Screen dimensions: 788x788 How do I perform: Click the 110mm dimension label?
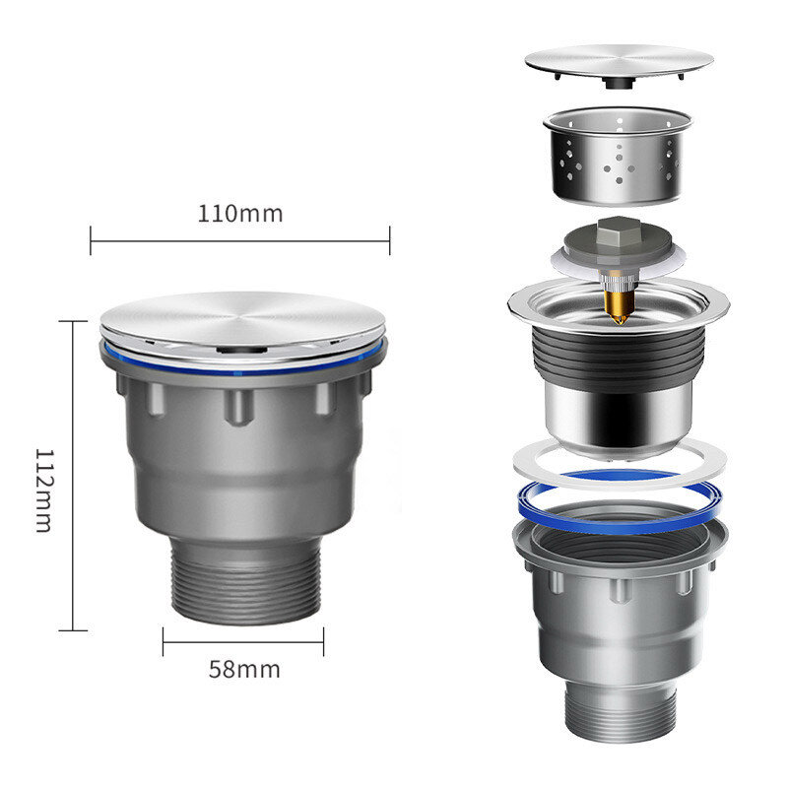coord(239,214)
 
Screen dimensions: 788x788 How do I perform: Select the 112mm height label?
coord(44,490)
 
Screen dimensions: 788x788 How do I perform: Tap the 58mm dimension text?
coord(244,670)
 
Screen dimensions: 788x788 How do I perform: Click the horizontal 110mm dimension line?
coord(239,240)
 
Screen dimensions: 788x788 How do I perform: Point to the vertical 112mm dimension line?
coord(73,476)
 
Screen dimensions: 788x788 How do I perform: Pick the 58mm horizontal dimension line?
coord(243,642)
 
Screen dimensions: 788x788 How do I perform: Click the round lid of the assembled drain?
coord(242,324)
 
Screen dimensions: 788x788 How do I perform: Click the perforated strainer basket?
coord(619,156)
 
